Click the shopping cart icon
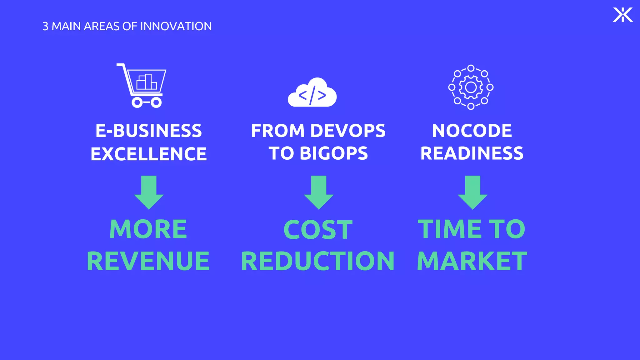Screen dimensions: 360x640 (142, 85)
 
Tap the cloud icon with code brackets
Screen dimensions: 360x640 (312, 93)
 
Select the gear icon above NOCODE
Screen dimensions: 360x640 (471, 87)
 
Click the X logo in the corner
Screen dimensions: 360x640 (622, 15)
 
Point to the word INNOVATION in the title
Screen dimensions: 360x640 (176, 26)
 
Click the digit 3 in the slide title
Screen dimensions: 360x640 (45, 26)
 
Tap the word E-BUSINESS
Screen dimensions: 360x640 (149, 131)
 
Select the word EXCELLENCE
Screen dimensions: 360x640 (149, 154)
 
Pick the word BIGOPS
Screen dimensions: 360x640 (334, 153)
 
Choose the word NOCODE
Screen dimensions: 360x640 (472, 131)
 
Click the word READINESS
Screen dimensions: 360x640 (472, 153)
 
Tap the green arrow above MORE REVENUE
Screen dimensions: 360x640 (149, 192)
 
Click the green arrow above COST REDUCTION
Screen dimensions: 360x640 (319, 192)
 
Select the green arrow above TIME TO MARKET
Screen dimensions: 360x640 (472, 192)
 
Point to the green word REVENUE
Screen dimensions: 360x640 (148, 261)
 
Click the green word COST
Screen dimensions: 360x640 (318, 230)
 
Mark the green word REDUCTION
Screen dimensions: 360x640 (318, 261)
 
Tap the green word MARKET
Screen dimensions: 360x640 (472, 261)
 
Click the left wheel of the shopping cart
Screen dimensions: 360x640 (137, 102)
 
